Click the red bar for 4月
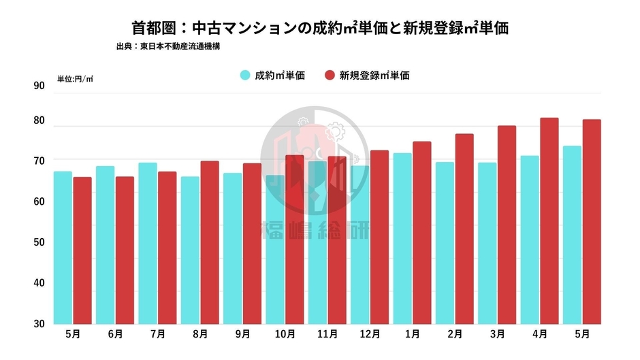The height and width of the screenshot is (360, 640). pos(549,221)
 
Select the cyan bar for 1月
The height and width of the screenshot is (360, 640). pos(403,238)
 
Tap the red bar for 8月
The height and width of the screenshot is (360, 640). pos(209,242)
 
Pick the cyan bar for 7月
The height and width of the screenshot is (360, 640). pos(148,243)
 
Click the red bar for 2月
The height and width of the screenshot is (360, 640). pos(464,229)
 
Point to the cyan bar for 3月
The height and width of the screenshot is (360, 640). pos(487,243)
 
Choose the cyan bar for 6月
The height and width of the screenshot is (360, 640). pos(105,245)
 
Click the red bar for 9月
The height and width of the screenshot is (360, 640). pos(252,244)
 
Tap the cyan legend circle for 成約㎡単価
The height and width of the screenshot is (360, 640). pos(245,76)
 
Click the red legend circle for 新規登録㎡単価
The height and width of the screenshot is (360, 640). pos(330,76)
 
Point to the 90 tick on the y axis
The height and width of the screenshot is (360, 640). pos(39,86)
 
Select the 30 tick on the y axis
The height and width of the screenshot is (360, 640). pos(39,323)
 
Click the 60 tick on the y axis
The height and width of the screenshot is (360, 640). pos(39,201)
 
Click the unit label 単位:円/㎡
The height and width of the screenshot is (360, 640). pos(76,79)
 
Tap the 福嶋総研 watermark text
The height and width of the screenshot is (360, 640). pos(315,231)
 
